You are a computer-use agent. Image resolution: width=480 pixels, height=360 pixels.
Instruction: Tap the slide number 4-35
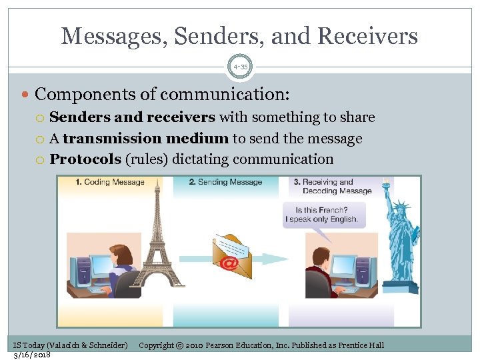coord(240,66)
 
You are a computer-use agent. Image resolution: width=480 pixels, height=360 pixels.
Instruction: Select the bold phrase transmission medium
coord(146,139)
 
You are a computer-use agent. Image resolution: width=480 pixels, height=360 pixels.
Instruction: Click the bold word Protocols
coord(85,159)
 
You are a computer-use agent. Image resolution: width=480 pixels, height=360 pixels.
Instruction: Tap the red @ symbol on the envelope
coord(229,263)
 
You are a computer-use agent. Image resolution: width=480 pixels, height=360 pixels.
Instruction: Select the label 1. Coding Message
coord(110,182)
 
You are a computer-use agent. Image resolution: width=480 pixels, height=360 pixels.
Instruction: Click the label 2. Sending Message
coord(225,182)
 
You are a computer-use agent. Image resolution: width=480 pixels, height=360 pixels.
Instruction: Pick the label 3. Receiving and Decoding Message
coord(337,186)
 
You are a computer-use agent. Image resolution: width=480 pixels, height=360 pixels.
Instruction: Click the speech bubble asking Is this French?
coord(321,215)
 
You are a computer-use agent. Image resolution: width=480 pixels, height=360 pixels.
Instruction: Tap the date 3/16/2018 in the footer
coord(31,354)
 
